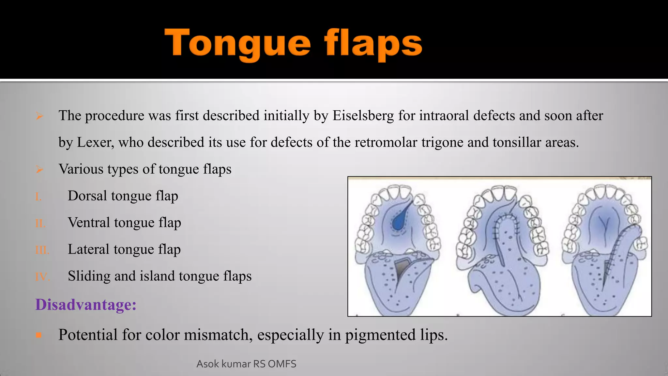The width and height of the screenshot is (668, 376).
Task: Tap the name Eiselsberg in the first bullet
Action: pos(363,116)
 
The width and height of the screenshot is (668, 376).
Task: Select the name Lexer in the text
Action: pos(95,142)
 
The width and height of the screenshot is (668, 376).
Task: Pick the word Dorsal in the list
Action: pos(87,196)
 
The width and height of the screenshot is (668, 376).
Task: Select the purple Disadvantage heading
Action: pos(86,305)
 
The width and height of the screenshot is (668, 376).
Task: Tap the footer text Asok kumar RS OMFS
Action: pos(246,364)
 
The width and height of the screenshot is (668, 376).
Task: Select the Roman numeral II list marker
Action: pos(40,224)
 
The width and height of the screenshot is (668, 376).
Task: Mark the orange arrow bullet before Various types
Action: pos(39,169)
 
